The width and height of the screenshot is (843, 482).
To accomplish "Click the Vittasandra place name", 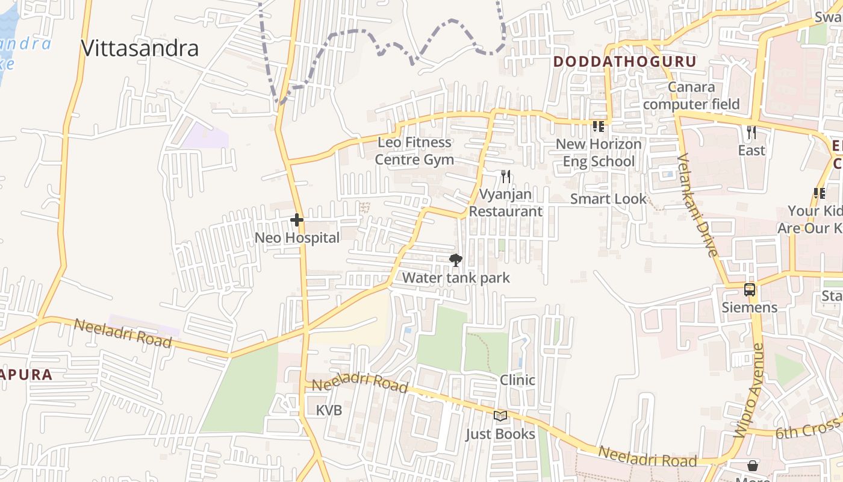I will (140, 48).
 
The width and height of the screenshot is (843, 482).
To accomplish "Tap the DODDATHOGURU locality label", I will (624, 61).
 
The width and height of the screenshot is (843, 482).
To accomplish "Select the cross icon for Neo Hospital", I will (297, 220).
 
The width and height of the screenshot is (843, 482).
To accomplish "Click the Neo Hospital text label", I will (297, 238).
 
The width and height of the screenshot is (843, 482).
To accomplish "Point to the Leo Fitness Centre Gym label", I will (414, 151).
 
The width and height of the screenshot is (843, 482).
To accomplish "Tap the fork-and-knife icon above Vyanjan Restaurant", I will (506, 176).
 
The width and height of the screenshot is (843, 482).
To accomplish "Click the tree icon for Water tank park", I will (456, 260).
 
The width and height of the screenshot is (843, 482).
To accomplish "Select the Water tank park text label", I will (456, 278).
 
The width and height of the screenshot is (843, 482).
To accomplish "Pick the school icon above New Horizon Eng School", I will (599, 127).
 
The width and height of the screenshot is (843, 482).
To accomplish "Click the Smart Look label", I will (608, 199).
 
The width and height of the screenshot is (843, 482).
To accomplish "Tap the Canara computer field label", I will (691, 96).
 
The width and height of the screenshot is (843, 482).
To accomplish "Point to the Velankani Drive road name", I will (697, 205).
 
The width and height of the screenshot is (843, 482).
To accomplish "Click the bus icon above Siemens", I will (750, 290).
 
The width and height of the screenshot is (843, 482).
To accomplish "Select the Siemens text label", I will (750, 307).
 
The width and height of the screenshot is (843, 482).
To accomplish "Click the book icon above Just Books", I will (500, 416).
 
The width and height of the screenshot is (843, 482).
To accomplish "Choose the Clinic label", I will (517, 380).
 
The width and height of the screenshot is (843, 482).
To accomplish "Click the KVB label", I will (329, 410).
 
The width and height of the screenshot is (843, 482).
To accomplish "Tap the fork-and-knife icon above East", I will (751, 133).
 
